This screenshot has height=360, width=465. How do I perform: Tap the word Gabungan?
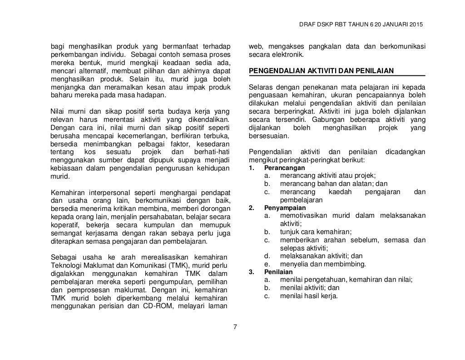pyautogui.click(x=356, y=120)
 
